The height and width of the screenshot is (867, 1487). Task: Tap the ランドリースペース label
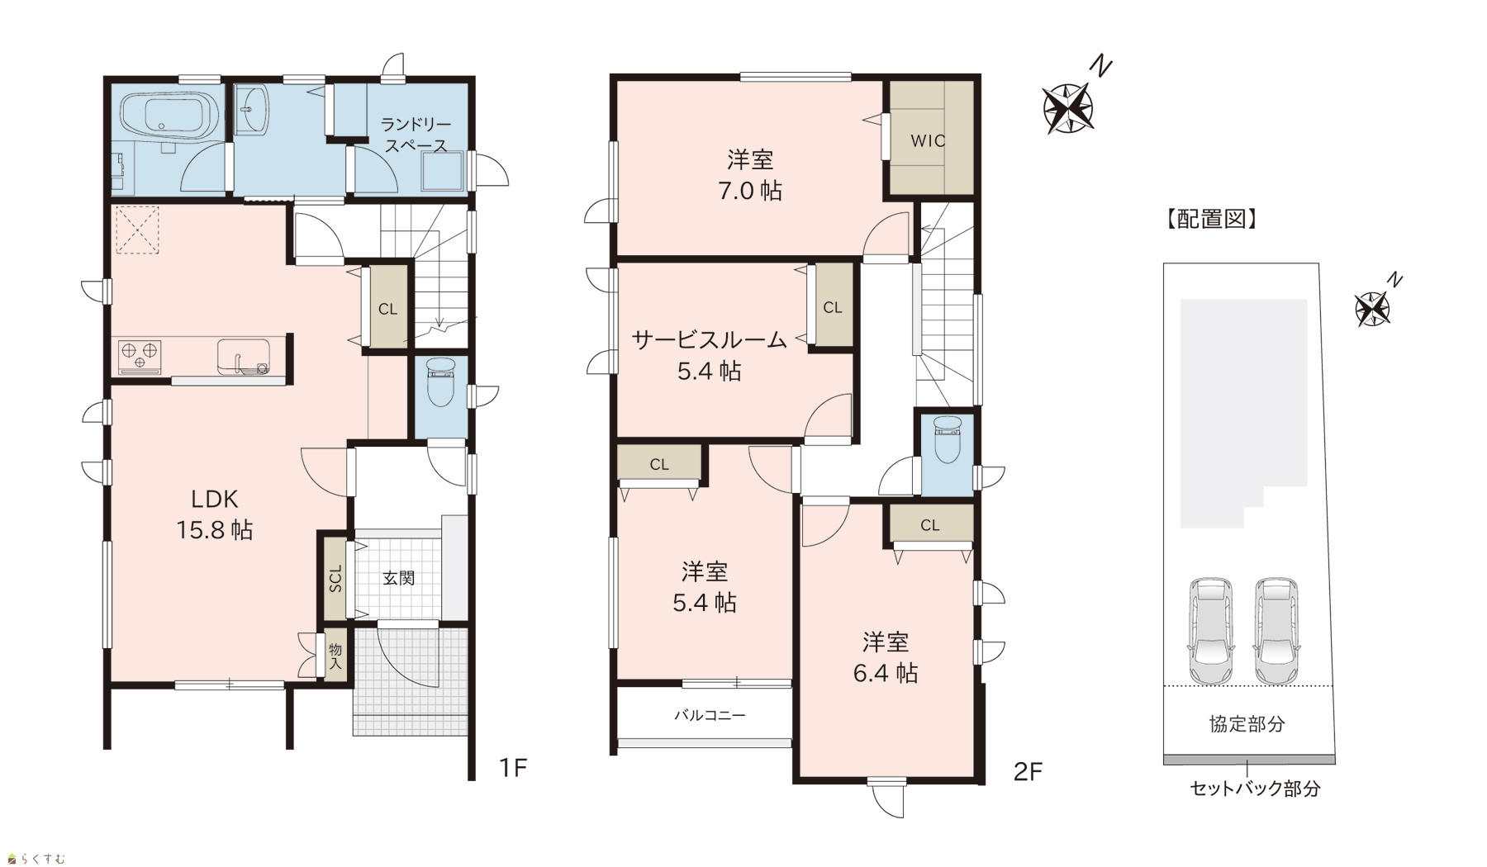tap(415, 135)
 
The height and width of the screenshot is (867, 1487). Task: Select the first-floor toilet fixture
tap(440, 382)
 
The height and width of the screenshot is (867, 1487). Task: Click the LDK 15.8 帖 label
tap(215, 514)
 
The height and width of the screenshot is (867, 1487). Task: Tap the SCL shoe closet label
tap(335, 577)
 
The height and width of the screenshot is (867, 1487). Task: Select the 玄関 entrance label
tap(398, 578)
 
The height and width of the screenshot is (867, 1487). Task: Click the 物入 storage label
tap(335, 656)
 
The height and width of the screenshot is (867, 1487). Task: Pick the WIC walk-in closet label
tap(928, 140)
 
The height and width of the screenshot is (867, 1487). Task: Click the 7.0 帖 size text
tap(750, 191)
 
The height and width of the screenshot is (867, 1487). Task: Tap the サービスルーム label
tap(709, 339)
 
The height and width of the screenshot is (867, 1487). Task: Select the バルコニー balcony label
tap(710, 715)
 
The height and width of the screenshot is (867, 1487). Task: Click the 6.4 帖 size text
tap(886, 673)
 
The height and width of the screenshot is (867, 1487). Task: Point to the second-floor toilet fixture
tap(947, 441)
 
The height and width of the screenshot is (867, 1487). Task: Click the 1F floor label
tap(512, 769)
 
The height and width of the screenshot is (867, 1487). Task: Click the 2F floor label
tap(1029, 772)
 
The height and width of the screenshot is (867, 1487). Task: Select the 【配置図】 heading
tap(1211, 219)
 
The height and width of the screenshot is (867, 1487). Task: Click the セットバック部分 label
tap(1255, 789)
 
